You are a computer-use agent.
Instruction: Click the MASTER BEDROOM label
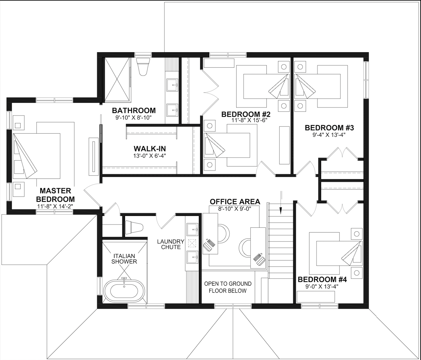tap(55, 195)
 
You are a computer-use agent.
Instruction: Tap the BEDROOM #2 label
tap(246, 115)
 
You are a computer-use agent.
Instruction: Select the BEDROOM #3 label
tap(329, 128)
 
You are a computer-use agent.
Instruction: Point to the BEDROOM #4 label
tap(322, 280)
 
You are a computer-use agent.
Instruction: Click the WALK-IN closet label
tap(150, 148)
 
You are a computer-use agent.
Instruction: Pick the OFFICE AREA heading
tap(235, 202)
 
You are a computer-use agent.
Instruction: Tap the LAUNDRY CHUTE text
tap(171, 244)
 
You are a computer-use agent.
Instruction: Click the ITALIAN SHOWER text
tap(124, 259)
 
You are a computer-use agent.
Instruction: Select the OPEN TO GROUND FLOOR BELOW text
tap(228, 287)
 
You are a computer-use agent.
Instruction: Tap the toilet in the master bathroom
tap(143, 67)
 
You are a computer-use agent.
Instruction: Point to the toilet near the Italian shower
tap(134, 227)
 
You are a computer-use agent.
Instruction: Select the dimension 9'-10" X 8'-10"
tap(134, 118)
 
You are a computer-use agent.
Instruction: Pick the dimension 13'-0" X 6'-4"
tap(150, 156)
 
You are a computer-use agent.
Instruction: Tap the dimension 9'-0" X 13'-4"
tap(322, 287)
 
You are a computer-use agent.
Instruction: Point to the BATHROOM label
tap(134, 111)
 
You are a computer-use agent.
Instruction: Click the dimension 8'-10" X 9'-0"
tap(235, 209)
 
